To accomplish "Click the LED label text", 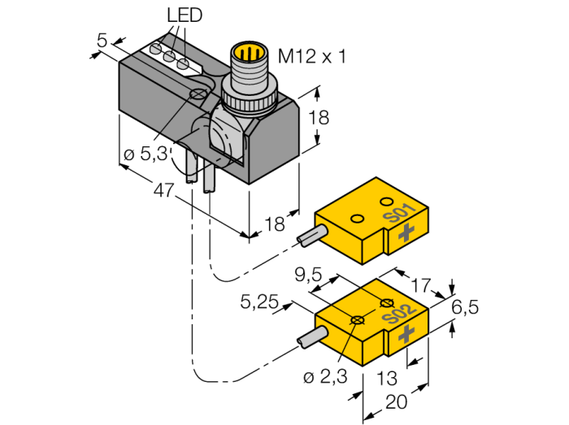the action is [185, 15].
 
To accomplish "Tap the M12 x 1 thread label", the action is [311, 56].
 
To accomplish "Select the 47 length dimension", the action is [163, 189].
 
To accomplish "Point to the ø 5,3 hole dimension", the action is [146, 154].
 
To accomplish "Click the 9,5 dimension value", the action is [308, 275].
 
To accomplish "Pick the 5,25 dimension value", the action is [259, 301].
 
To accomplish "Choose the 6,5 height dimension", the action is [465, 307].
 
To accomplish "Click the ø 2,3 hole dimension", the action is [325, 377].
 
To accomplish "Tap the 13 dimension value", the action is [387, 378].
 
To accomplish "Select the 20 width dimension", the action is [397, 401].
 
